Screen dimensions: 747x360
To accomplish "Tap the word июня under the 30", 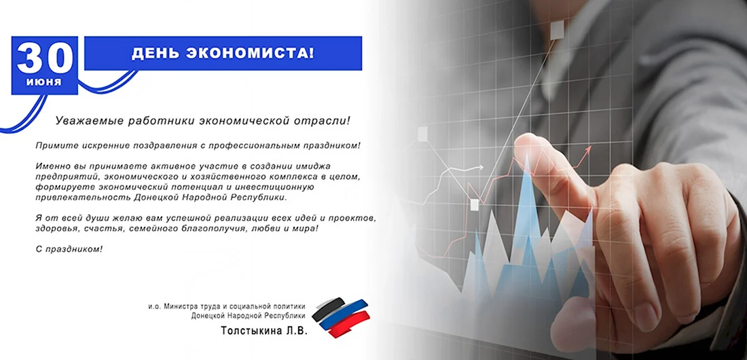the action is point(44,82).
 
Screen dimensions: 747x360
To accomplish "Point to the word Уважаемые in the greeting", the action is point(89,121).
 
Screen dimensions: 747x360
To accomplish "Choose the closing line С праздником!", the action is point(69,249).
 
